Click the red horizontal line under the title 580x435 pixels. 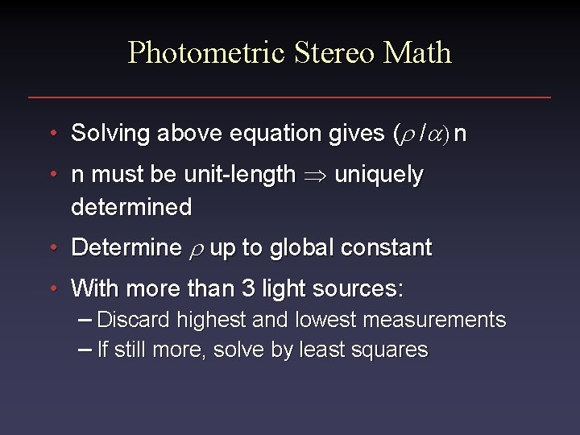[290, 97]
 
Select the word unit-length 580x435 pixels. [238, 175]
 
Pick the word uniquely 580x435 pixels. [379, 175]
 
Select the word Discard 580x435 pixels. [133, 320]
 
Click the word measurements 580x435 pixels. [434, 320]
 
